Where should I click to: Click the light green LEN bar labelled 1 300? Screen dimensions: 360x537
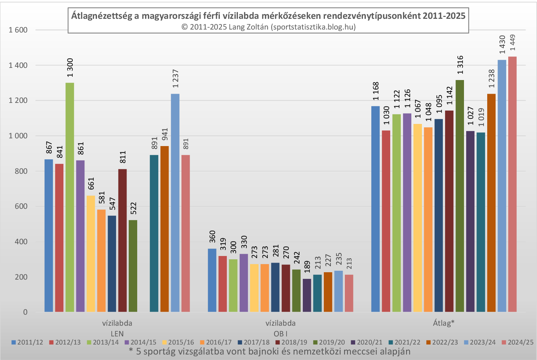pos(70,197)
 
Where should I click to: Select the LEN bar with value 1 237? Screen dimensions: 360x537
pos(175,203)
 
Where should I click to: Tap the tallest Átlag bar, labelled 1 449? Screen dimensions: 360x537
pos(512,184)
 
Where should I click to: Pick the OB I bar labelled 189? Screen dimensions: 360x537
pos(307,295)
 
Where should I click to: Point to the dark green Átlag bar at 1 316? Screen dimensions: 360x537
pos(460,196)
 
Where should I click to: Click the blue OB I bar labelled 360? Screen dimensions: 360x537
pos(212,280)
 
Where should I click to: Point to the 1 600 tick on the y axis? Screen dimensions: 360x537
pos(18,30)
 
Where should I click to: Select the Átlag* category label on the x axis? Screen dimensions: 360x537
pos(444,323)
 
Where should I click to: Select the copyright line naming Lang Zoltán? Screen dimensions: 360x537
pos(268,27)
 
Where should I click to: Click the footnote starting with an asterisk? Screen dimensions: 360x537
pos(270,351)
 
